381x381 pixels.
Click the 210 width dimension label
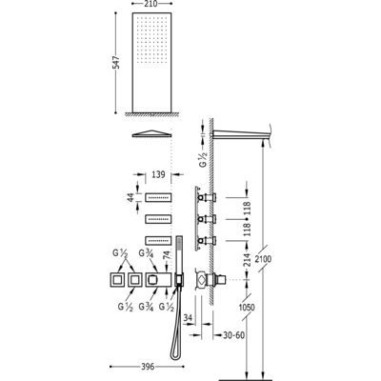[152, 4]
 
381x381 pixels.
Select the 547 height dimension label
[116, 63]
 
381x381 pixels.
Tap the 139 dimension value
[158, 174]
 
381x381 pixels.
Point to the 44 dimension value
[130, 197]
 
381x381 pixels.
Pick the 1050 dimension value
[247, 307]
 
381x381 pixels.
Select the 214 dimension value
[248, 259]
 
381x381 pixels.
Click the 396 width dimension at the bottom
[148, 367]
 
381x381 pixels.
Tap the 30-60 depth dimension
[233, 335]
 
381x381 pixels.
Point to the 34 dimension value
[189, 317]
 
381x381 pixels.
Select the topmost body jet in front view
[158, 197]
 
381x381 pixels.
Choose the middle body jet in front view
[158, 219]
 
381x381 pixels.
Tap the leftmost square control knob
[117, 280]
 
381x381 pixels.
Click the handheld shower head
[179, 254]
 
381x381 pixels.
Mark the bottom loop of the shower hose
[174, 354]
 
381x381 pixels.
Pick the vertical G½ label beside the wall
[203, 159]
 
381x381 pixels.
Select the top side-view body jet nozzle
[207, 197]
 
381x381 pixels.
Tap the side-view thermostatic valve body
[211, 280]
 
